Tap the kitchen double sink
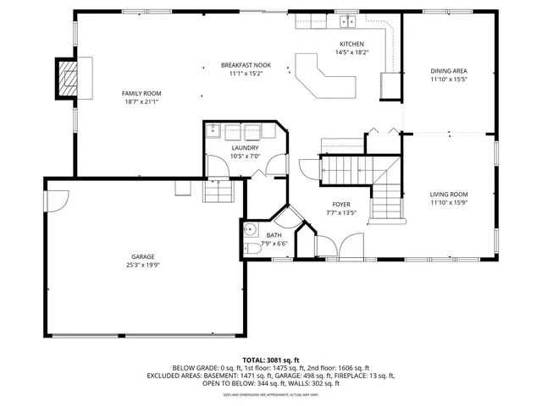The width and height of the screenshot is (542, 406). tap(346, 20)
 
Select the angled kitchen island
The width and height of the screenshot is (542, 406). tap(324, 77)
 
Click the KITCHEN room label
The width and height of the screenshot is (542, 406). tap(351, 44)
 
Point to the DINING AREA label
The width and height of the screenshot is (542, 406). tap(448, 71)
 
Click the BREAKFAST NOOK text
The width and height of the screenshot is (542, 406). tap(246, 65)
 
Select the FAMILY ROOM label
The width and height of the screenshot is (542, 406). tap(141, 93)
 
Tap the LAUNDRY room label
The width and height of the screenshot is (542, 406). tap(245, 148)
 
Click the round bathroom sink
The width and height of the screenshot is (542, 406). tap(250, 229)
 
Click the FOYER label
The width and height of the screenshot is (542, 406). tap(340, 204)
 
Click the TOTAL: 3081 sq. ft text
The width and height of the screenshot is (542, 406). tap(271, 359)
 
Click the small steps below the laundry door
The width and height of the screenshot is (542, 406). tap(218, 194)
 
